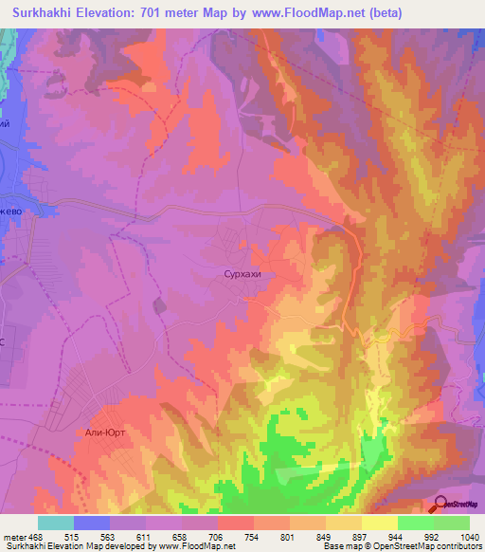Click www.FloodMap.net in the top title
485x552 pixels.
pyautogui.click(x=307, y=13)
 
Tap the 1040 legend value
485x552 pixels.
pyautogui.click(x=469, y=536)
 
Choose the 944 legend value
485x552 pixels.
pyautogui.click(x=397, y=536)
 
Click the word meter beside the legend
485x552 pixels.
pyautogui.click(x=13, y=536)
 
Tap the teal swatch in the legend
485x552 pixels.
pyautogui.click(x=56, y=523)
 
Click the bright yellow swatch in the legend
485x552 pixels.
pyautogui.click(x=379, y=523)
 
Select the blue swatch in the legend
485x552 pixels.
pyautogui.click(x=92, y=523)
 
